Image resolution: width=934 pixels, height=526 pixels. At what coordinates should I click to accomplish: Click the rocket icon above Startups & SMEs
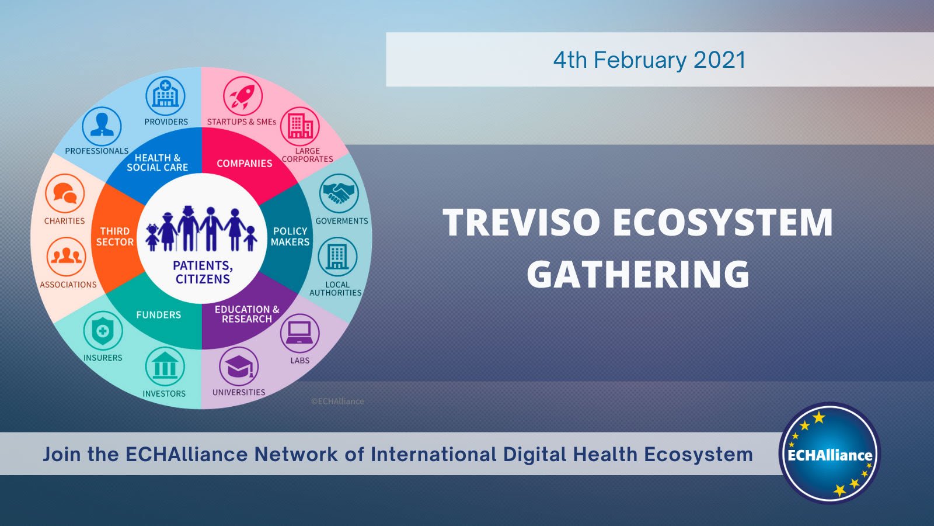click(x=243, y=96)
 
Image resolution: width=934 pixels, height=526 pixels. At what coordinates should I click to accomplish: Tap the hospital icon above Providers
click(x=165, y=96)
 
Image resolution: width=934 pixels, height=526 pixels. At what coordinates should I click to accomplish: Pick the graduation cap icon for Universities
click(x=239, y=366)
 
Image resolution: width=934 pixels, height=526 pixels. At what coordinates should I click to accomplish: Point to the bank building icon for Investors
click(x=165, y=367)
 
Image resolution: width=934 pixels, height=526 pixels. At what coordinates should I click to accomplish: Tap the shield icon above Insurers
click(x=103, y=331)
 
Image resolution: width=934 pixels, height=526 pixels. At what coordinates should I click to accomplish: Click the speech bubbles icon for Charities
click(x=65, y=193)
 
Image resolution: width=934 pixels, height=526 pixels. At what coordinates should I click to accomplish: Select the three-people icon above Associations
click(x=66, y=257)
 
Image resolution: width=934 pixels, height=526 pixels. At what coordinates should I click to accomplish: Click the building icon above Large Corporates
click(x=300, y=126)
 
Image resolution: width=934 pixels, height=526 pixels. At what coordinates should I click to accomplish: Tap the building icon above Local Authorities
click(x=337, y=257)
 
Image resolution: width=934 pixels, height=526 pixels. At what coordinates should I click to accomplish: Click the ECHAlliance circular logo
click(x=830, y=454)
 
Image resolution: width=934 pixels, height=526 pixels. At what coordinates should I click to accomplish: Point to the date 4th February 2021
click(x=649, y=60)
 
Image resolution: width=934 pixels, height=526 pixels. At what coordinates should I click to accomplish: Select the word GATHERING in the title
click(x=638, y=274)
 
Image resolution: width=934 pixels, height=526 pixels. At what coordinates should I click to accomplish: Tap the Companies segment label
click(x=244, y=164)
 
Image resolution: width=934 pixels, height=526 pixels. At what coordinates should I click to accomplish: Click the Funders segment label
click(x=158, y=315)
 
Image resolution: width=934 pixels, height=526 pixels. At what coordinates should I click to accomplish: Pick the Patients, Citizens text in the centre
click(x=203, y=272)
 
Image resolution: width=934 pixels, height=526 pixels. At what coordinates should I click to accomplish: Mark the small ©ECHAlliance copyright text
click(x=337, y=402)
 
